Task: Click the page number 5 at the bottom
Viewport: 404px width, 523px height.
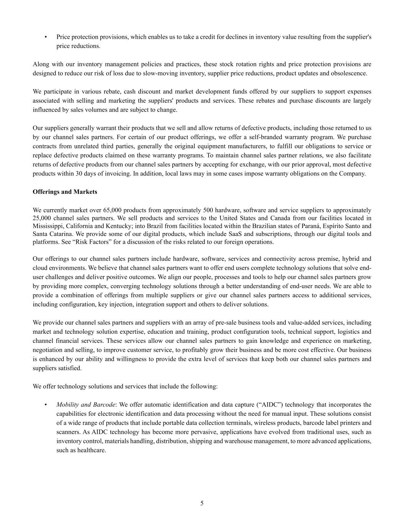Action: (202, 503)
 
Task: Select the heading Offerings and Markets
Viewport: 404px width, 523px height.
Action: (65, 192)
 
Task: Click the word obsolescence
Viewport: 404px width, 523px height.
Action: (349, 73)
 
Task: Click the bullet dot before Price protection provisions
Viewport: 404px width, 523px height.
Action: (46, 37)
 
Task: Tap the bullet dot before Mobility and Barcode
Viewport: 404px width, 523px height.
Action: (46, 405)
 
